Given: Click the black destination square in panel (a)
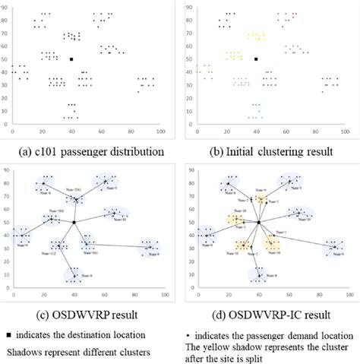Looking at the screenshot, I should click(71, 59).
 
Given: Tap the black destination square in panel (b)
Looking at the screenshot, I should click(257, 59).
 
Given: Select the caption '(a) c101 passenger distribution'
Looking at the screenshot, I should click(87, 151).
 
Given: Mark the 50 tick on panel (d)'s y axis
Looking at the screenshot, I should click(191, 222).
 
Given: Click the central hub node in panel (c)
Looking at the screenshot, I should click(74, 222).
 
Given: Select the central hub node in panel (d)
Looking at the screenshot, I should click(259, 222).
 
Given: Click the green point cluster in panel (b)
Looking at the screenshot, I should click(203, 70).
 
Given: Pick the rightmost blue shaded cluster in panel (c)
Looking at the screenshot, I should click(149, 246).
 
